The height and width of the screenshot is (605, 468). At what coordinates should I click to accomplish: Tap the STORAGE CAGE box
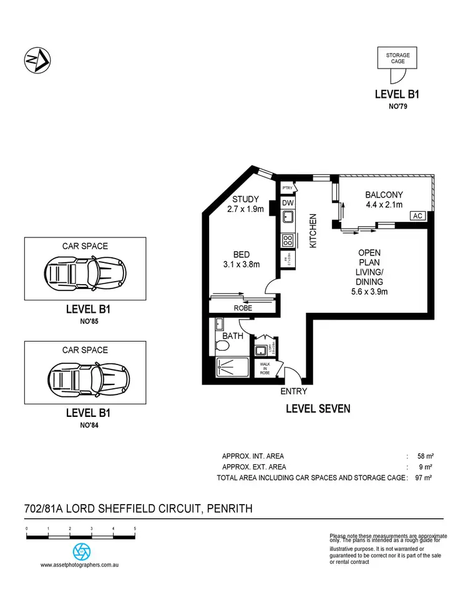pyautogui.click(x=397, y=59)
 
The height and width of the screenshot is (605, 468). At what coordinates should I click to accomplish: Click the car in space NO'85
pyautogui.click(x=85, y=272)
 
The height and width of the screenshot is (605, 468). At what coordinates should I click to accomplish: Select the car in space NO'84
pyautogui.click(x=85, y=376)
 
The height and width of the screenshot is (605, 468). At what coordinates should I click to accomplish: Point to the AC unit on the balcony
pyautogui.click(x=417, y=216)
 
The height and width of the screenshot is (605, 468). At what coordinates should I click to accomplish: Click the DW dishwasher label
pyautogui.click(x=288, y=202)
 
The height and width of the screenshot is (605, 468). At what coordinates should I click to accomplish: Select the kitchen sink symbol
pyautogui.click(x=288, y=217)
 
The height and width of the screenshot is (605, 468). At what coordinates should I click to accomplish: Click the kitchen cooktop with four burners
pyautogui.click(x=288, y=239)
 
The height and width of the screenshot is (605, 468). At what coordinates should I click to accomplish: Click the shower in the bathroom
pyautogui.click(x=232, y=368)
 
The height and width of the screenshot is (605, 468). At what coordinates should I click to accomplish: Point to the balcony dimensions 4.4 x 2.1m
pyautogui.click(x=383, y=204)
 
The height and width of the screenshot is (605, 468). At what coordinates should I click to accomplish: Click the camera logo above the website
pyautogui.click(x=81, y=551)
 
